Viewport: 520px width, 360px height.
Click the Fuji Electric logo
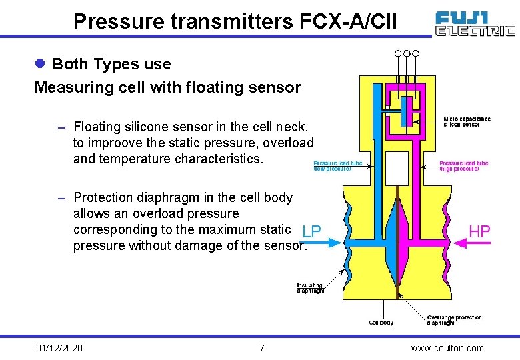tap(475, 23)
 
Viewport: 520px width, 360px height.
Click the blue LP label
tap(311, 231)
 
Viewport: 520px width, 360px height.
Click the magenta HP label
tap(479, 231)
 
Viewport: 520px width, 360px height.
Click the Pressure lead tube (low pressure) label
tap(337, 166)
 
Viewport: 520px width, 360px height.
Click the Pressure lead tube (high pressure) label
tap(463, 166)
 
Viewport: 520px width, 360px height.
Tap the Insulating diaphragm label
tap(310, 288)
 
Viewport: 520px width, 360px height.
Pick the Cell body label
tap(381, 323)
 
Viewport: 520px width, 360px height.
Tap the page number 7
tap(262, 348)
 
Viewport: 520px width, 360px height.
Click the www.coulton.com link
tap(447, 348)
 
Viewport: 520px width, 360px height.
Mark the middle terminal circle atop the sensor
tap(407, 53)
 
